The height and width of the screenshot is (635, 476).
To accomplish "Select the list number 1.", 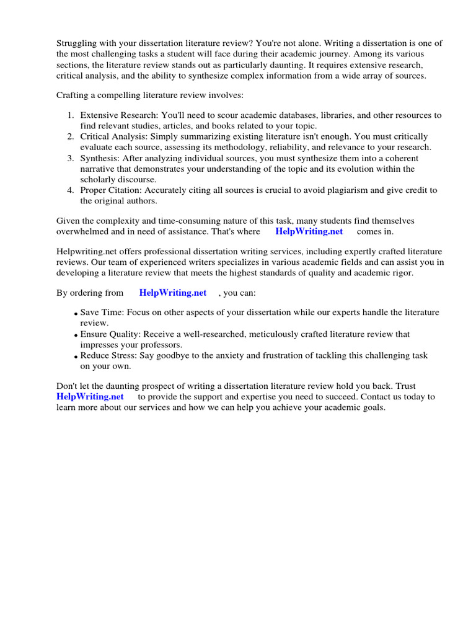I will pyautogui.click(x=70, y=115).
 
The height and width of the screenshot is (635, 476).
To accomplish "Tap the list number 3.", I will pyautogui.click(x=70, y=159).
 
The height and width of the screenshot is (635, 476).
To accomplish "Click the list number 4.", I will pyautogui.click(x=70, y=190).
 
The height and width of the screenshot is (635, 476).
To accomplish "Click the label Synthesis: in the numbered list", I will pyautogui.click(x=100, y=159).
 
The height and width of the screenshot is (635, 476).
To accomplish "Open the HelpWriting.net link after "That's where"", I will pyautogui.click(x=309, y=231).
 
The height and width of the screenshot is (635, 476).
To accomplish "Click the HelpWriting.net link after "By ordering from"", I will pyautogui.click(x=173, y=293).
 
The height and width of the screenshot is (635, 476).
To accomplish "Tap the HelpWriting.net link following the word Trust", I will pyautogui.click(x=90, y=396).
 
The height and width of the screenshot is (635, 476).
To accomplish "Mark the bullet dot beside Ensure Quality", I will pyautogui.click(x=76, y=335).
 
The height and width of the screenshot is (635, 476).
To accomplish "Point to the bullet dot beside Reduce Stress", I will pyautogui.click(x=76, y=357).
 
